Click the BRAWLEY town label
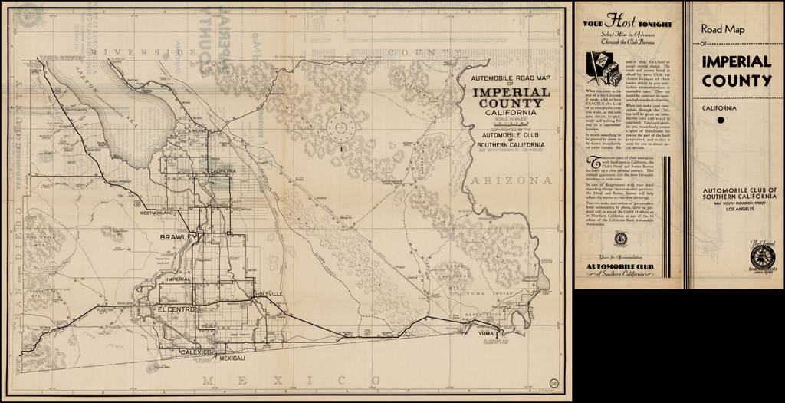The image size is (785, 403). coord(179,238)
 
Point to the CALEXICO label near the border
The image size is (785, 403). coord(195,352)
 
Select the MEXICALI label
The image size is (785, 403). coord(231,358)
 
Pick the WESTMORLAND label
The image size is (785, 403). coord(159,213)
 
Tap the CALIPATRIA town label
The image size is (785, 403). coord(211,170)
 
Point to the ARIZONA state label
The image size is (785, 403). coord(513,181)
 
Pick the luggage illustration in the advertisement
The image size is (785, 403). coord(602,70)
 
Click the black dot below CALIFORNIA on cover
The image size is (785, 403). coord(721,120)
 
